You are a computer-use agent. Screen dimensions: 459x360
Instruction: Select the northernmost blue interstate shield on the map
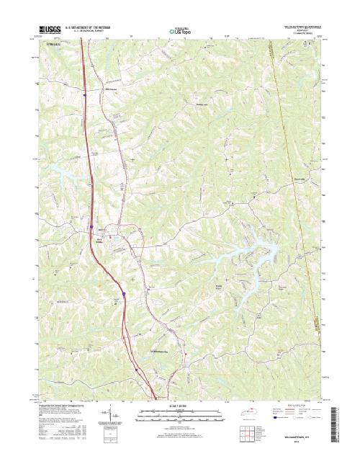tap(84, 93)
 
